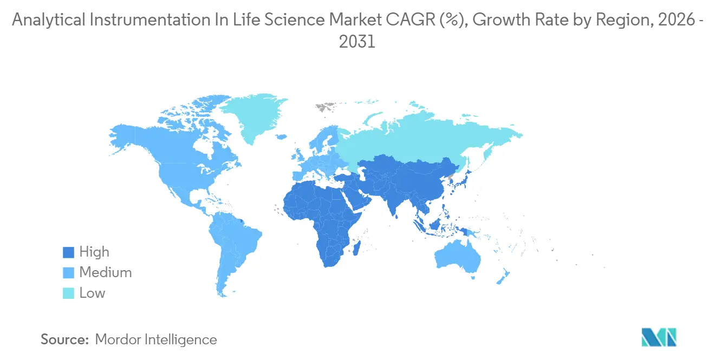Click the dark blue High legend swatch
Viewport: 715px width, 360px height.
click(68, 252)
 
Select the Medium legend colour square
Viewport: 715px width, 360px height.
click(68, 273)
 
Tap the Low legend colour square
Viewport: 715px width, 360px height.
click(68, 293)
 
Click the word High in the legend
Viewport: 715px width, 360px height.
click(94, 252)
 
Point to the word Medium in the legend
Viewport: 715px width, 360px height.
click(105, 273)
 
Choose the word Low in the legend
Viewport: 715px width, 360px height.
click(92, 293)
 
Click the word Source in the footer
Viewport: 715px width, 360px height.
click(64, 340)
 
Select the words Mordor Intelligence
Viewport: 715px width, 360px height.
click(156, 340)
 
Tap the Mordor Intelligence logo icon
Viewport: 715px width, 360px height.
click(659, 337)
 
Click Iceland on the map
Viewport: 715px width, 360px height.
click(281, 138)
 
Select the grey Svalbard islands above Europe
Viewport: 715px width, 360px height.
click(326, 107)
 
